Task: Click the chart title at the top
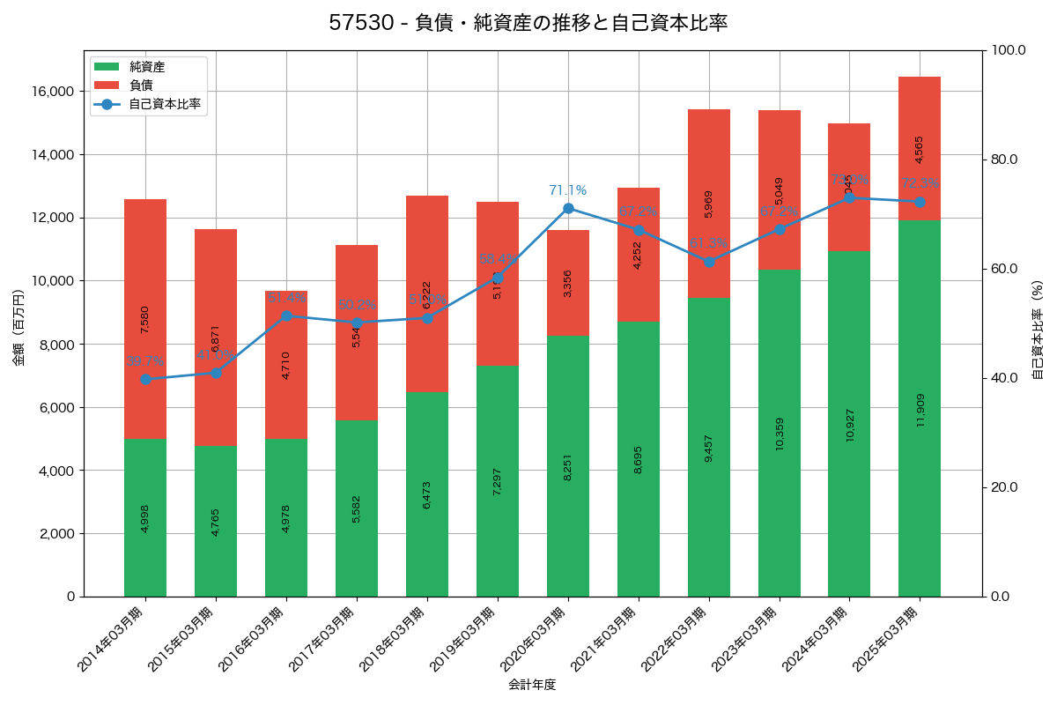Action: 528,23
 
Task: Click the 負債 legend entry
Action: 141,85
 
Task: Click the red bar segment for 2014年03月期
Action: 145,318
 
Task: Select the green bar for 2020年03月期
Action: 568,466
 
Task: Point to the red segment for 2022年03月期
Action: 709,204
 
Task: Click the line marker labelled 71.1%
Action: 568,208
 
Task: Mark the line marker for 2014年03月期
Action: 145,379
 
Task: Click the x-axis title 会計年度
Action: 532,685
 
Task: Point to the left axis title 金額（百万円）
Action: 18,328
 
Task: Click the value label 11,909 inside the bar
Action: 920,410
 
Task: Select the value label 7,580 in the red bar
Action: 145,319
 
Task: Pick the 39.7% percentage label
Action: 145,361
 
